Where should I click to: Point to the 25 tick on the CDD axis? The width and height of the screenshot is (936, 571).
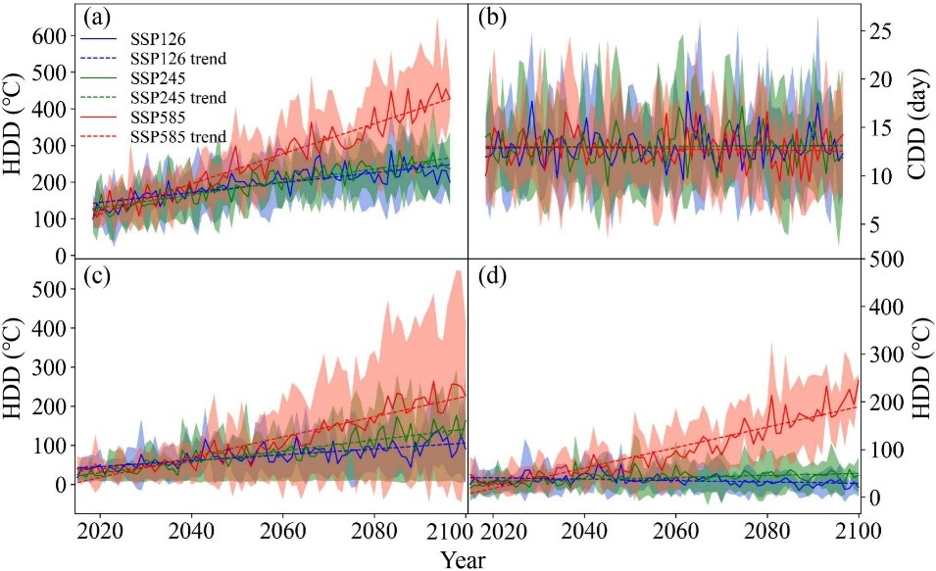[x=890, y=30]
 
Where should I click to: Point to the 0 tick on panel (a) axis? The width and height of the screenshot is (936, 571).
[x=61, y=256]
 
